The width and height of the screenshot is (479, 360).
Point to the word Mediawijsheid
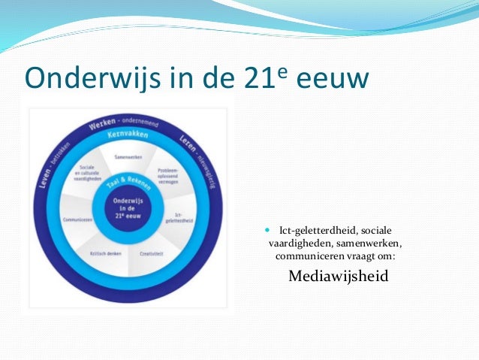point(338,276)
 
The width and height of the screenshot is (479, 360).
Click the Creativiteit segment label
point(151,253)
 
